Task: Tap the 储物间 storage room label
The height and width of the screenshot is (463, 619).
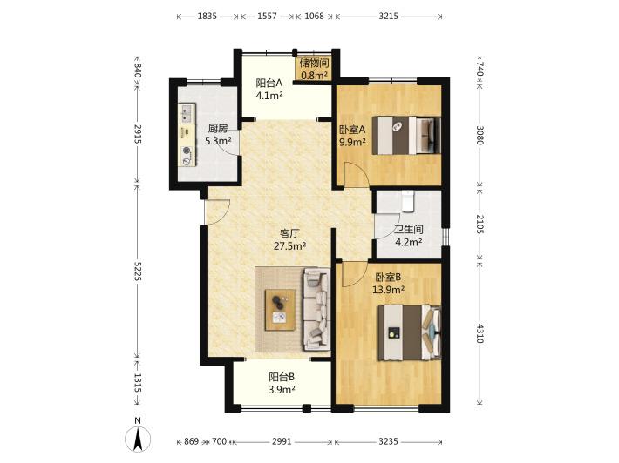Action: pyautogui.click(x=314, y=63)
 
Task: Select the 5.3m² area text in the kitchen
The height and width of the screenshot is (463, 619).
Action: pyautogui.click(x=218, y=141)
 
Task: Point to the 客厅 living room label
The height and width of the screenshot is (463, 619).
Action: pyautogui.click(x=289, y=233)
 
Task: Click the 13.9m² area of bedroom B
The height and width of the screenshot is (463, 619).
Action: pyautogui.click(x=389, y=290)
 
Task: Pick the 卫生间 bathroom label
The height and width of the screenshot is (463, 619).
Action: pyautogui.click(x=409, y=230)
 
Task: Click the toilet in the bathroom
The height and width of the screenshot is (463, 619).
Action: pyautogui.click(x=407, y=201)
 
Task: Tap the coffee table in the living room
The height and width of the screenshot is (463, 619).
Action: pyautogui.click(x=280, y=310)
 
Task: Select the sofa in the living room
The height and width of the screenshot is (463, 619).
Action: pyautogui.click(x=316, y=308)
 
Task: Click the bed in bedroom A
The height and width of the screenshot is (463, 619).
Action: pyautogui.click(x=406, y=135)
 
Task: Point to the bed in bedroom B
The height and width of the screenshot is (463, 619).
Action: pyautogui.click(x=409, y=332)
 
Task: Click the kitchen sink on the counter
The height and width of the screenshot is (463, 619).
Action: pyautogui.click(x=187, y=112)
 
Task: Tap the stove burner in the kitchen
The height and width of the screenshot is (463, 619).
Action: pyautogui.click(x=187, y=150)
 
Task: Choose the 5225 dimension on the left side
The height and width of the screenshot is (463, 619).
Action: pyautogui.click(x=138, y=272)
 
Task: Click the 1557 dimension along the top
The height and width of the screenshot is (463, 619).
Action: pyautogui.click(x=268, y=17)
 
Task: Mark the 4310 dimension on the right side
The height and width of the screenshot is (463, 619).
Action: pyautogui.click(x=480, y=333)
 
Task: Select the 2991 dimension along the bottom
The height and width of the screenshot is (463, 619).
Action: pyautogui.click(x=282, y=441)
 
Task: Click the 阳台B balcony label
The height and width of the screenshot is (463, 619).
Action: pyautogui.click(x=282, y=377)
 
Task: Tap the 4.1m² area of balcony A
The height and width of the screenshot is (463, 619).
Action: pyautogui.click(x=269, y=96)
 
